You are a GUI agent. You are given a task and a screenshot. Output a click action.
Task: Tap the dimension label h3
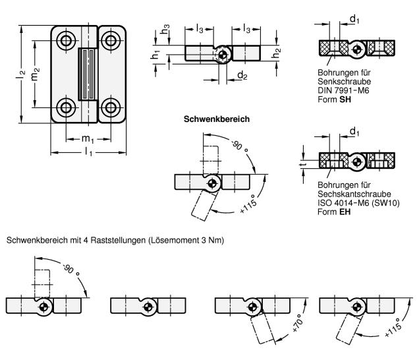164,30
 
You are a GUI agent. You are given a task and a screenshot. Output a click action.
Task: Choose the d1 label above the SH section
353,20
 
